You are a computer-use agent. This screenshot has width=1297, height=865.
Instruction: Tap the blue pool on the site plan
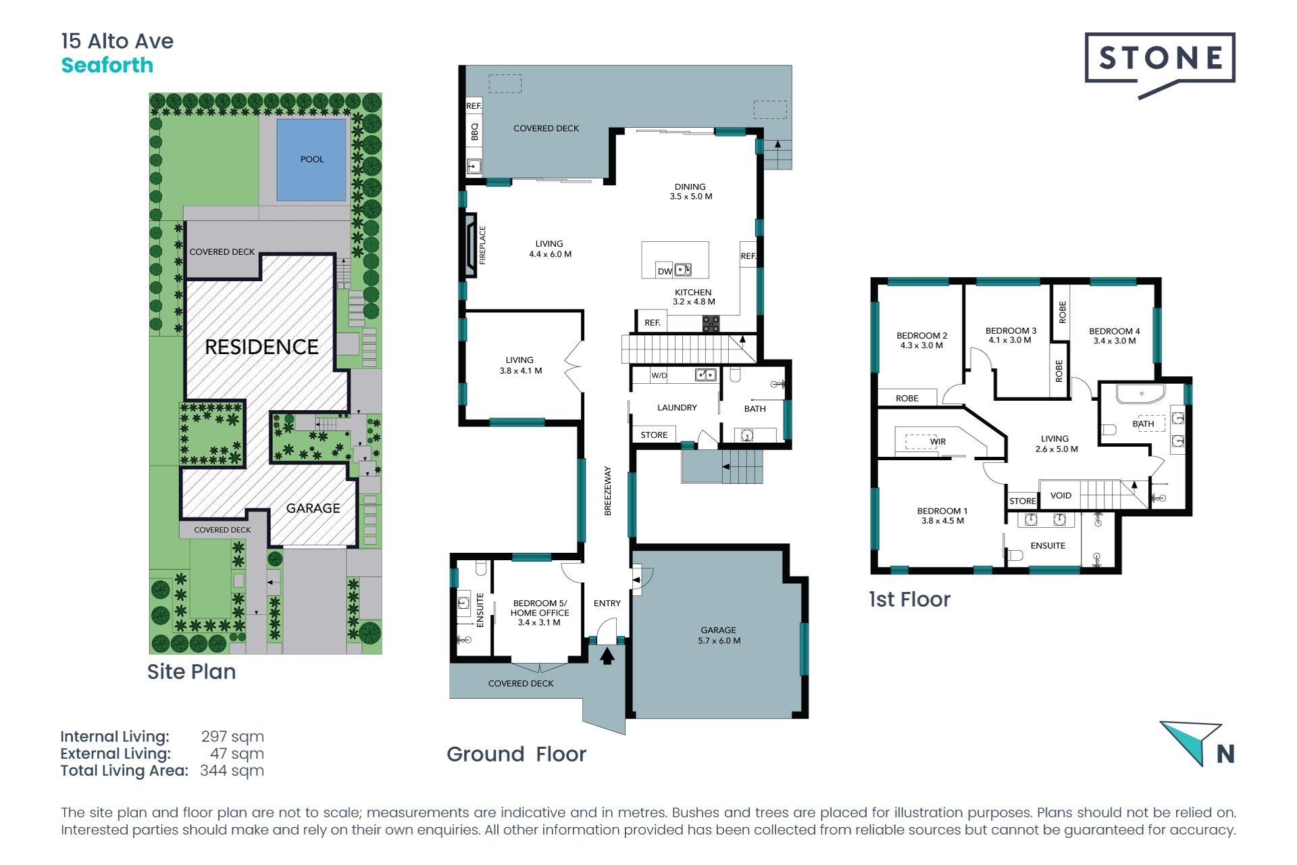(311, 159)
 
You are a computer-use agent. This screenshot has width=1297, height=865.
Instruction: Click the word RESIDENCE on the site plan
(261, 347)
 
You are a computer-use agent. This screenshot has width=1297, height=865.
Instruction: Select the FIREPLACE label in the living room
(482, 245)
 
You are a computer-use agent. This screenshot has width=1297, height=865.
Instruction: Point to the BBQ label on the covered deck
(474, 132)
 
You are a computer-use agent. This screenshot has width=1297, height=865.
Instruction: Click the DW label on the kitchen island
(665, 272)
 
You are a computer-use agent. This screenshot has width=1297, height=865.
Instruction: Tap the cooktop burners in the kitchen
(711, 324)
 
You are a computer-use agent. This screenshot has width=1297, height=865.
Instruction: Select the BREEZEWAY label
(607, 491)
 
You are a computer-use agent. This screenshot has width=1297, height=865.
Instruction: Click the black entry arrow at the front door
(607, 656)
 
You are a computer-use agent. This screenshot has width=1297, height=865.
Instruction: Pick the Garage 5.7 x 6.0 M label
(719, 635)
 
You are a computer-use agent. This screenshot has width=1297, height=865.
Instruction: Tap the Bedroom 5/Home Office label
(540, 613)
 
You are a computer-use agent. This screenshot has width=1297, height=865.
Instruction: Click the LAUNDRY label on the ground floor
(677, 407)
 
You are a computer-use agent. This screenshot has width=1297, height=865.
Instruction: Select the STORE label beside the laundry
(654, 435)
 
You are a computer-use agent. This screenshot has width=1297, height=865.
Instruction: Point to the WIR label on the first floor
(938, 441)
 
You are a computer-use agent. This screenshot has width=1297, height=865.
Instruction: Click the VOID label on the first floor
(1061, 495)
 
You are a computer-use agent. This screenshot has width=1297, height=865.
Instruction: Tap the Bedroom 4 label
(1115, 336)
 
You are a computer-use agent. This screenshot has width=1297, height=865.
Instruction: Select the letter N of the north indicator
(1225, 753)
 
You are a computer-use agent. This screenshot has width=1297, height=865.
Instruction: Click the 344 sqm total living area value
(232, 770)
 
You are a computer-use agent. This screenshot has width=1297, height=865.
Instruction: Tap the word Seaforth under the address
(107, 66)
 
